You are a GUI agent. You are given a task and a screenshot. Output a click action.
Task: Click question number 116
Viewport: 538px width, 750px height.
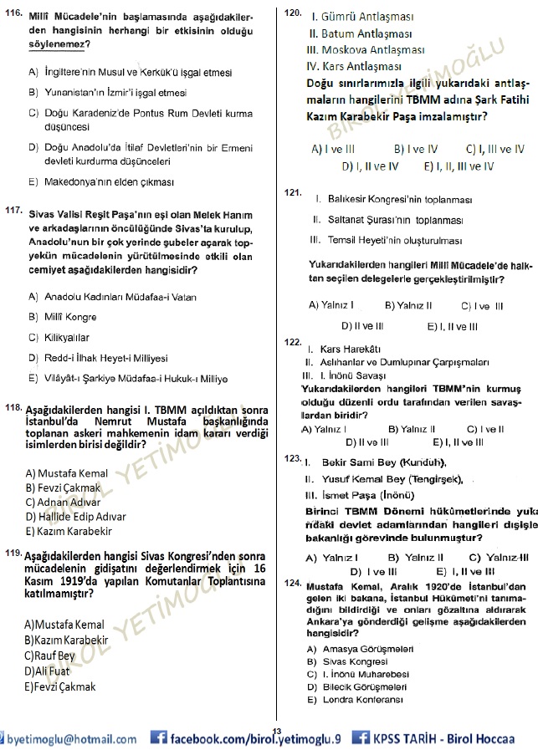(x=13, y=14)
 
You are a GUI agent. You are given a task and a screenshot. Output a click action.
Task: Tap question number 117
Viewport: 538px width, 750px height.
(x=13, y=211)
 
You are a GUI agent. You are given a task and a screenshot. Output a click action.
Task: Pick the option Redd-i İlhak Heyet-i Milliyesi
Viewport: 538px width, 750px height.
(x=98, y=357)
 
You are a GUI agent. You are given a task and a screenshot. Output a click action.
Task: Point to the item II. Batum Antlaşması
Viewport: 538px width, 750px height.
(x=360, y=34)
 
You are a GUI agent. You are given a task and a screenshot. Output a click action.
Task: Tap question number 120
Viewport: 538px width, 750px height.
(x=293, y=14)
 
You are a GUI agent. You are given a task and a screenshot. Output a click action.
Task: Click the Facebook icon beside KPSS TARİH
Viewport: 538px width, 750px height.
(x=361, y=737)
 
